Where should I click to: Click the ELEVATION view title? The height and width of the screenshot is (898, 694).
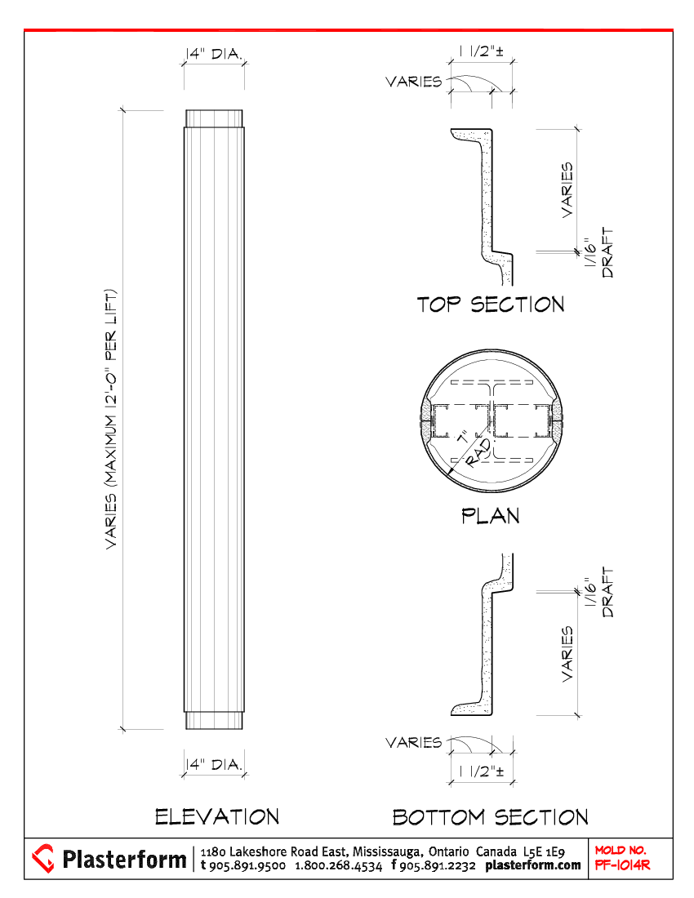coord(217,816)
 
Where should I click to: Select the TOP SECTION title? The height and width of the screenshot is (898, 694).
coord(491,305)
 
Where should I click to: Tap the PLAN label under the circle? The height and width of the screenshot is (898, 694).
coord(491,516)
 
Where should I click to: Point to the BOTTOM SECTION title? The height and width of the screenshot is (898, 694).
coord(491,817)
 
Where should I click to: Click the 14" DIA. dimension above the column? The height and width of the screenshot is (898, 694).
coord(214,54)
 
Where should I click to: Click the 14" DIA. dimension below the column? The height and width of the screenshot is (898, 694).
coord(214,765)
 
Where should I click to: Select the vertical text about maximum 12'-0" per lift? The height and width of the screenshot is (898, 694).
coord(111,420)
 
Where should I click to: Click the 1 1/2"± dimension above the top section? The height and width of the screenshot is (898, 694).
coord(482,51)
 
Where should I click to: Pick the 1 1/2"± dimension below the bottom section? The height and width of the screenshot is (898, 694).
coord(482,771)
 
